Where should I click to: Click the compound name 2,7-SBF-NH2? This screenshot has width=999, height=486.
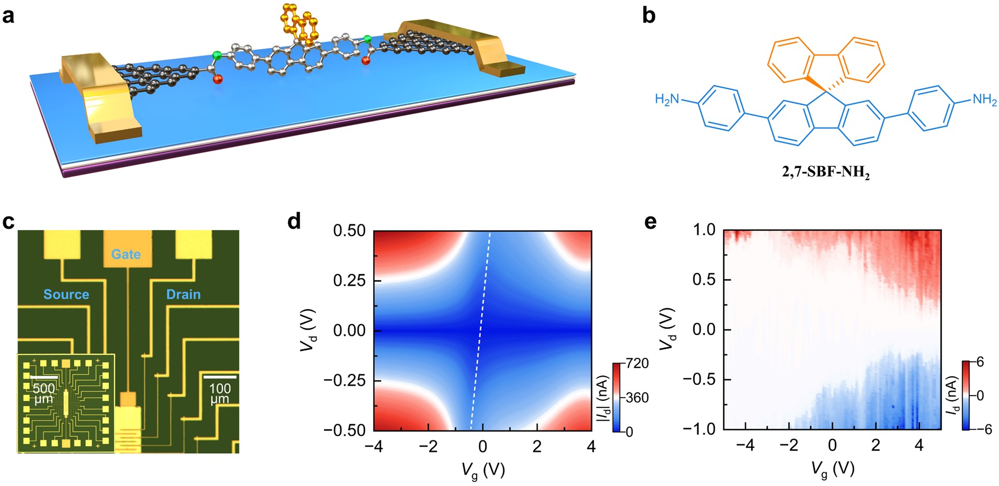825,172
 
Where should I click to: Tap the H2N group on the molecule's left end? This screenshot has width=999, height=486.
667,99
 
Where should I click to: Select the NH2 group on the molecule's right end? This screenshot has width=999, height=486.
984,99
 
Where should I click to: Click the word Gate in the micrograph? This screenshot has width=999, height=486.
126,254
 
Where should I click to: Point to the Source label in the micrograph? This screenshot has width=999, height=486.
66,295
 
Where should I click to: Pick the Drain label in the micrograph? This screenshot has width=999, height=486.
183,295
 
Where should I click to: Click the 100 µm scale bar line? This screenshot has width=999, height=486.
220,377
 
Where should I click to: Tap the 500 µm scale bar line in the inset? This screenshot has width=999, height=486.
43,377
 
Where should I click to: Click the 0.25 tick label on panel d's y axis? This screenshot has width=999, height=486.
350,280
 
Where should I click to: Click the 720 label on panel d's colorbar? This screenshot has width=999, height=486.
637,364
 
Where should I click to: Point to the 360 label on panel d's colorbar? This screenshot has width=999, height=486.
637,398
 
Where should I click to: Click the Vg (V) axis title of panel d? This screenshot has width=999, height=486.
482,470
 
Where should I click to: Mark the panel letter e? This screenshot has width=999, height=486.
650,222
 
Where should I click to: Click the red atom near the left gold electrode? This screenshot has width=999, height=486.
218,80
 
